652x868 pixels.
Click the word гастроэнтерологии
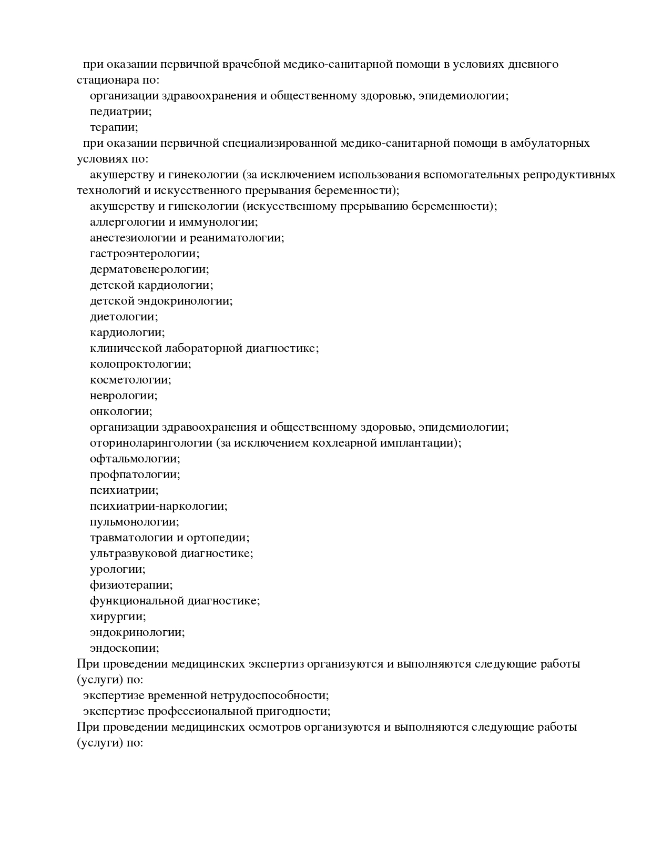pyautogui.click(x=144, y=254)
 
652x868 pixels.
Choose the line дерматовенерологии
pyautogui.click(x=149, y=269)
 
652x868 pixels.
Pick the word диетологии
pyautogui.click(x=124, y=317)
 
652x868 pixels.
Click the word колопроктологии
pyautogui.click(x=140, y=364)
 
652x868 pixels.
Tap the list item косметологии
pyautogui.click(x=130, y=380)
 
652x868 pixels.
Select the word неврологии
pyautogui.click(x=124, y=396)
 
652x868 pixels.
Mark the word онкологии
pyautogui.click(x=120, y=411)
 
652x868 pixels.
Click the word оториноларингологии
pyautogui.click(x=151, y=443)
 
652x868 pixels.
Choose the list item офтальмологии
pyautogui.click(x=135, y=459)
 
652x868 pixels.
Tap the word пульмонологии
pyautogui.click(x=134, y=522)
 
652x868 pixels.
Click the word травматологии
pyautogui.click(x=131, y=538)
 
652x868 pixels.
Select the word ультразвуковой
pyautogui.click(x=134, y=553)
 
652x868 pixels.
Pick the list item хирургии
pyautogui.click(x=118, y=617)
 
